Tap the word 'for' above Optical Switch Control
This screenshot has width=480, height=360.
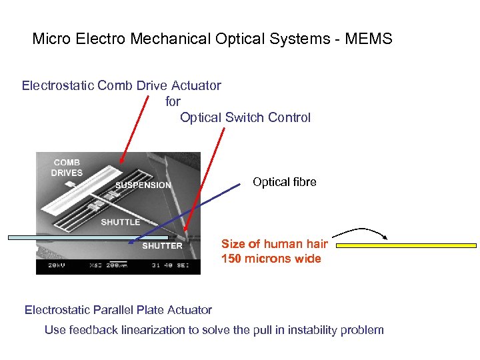(173, 101)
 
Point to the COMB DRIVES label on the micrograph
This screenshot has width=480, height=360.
(67, 167)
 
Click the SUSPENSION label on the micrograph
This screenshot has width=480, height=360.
(143, 185)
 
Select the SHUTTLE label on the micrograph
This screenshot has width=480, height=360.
(120, 222)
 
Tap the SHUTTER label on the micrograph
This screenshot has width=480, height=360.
(162, 246)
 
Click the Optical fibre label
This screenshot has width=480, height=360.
(284, 182)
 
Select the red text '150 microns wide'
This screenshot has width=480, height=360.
(271, 259)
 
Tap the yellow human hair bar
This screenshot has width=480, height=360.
(406, 245)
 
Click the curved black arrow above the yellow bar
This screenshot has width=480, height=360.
(361, 231)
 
